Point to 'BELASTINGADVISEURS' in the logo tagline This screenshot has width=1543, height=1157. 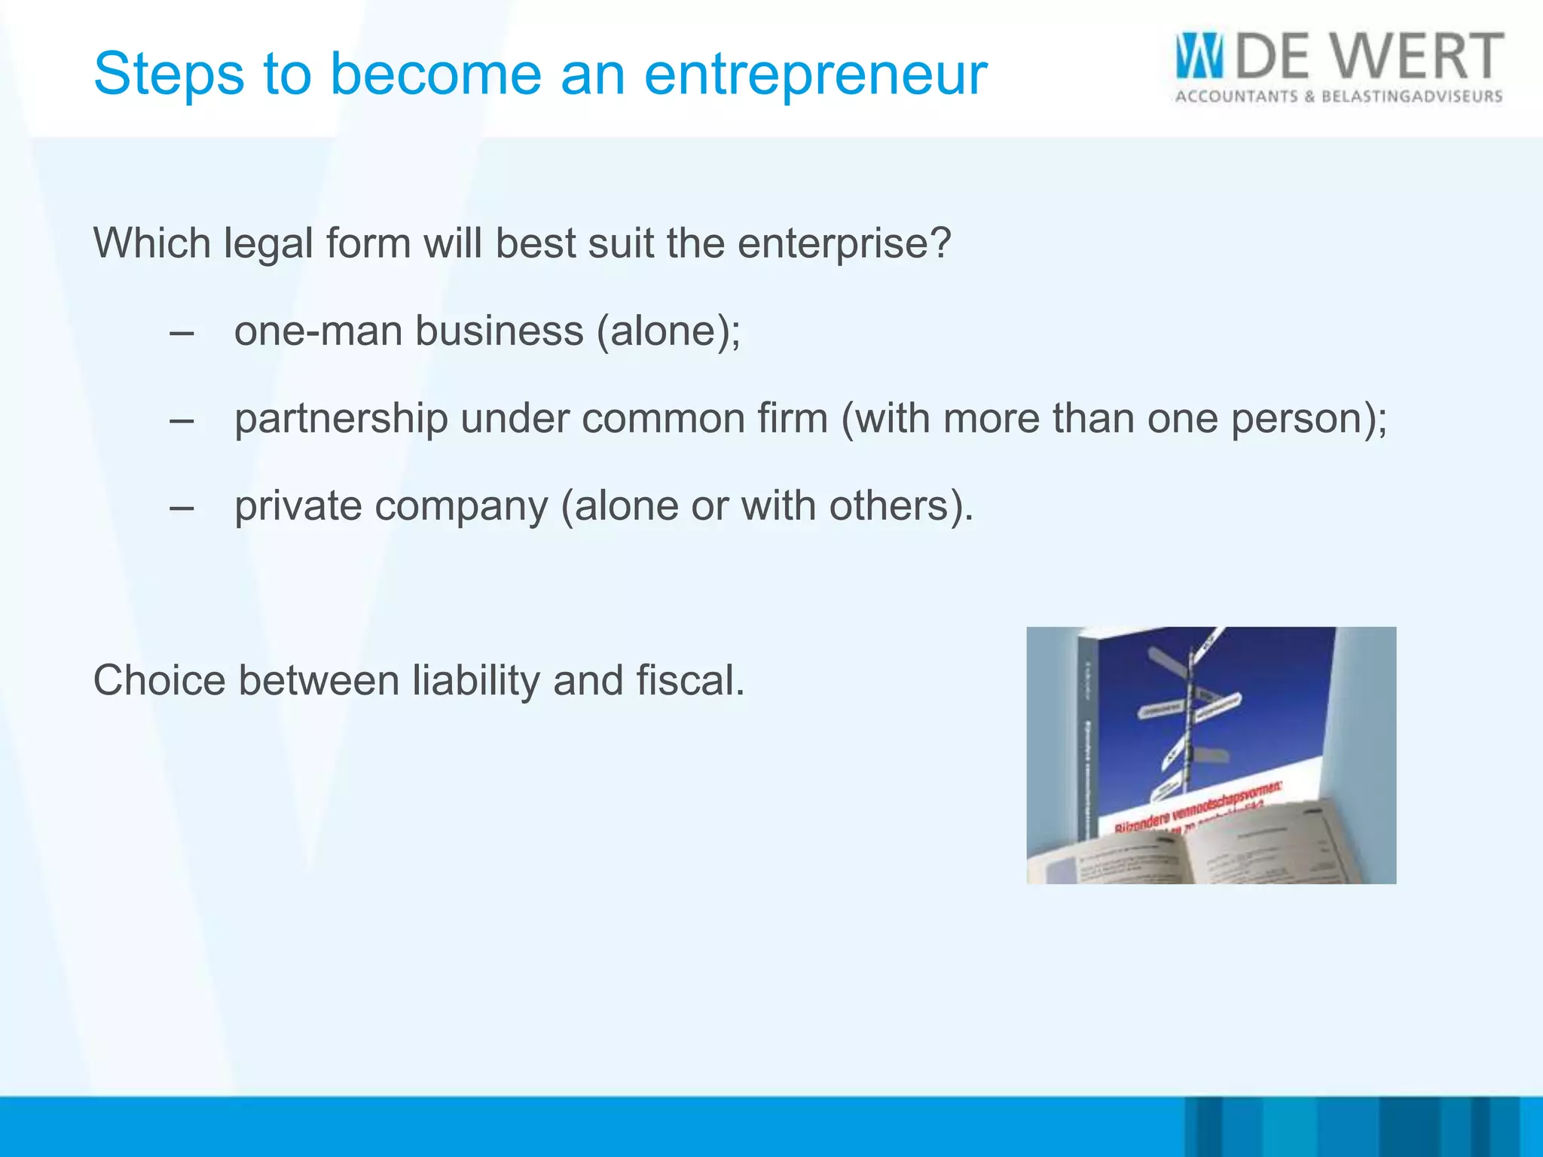tap(1412, 96)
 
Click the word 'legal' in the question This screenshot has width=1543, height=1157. tap(267, 244)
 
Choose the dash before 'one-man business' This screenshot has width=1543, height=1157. tap(182, 332)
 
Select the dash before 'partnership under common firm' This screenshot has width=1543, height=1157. tap(182, 420)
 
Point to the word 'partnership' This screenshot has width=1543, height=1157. tap(341, 420)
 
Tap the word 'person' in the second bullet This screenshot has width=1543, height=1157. tap(1296, 420)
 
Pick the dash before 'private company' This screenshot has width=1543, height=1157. tap(182, 507)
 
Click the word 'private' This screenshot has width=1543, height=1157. tap(298, 506)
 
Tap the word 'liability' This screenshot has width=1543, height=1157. tap(475, 680)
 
